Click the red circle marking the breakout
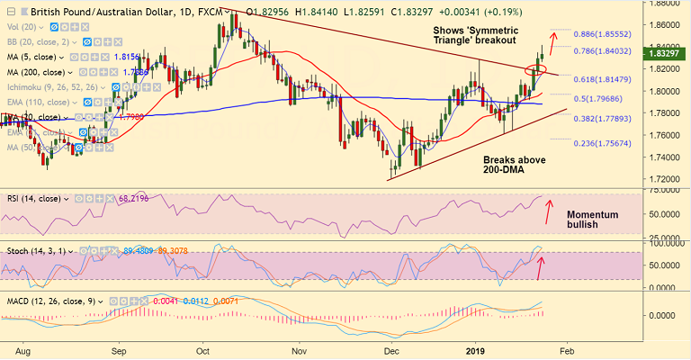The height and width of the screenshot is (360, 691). (536, 68)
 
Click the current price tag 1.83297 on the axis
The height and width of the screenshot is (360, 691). (668, 54)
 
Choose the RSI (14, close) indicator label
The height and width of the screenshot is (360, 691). (36, 195)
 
